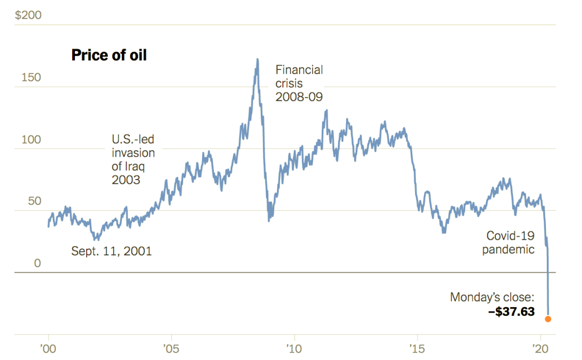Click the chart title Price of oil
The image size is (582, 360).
[x=109, y=55]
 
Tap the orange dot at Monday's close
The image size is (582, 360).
[x=548, y=319]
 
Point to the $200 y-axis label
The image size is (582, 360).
[x=28, y=15]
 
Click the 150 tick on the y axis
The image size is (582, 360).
[x=31, y=78]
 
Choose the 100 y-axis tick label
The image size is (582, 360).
[x=31, y=140]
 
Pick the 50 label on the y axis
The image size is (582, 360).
[x=34, y=202]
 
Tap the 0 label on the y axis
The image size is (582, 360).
[x=38, y=264]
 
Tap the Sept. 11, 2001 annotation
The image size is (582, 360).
[x=112, y=251]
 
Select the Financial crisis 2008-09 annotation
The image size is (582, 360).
[x=299, y=84]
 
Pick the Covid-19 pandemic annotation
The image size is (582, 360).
[x=508, y=243]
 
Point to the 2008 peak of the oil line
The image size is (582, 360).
[x=258, y=60]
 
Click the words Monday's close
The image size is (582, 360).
[x=492, y=297]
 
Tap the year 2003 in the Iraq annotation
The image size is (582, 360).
[x=126, y=180]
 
